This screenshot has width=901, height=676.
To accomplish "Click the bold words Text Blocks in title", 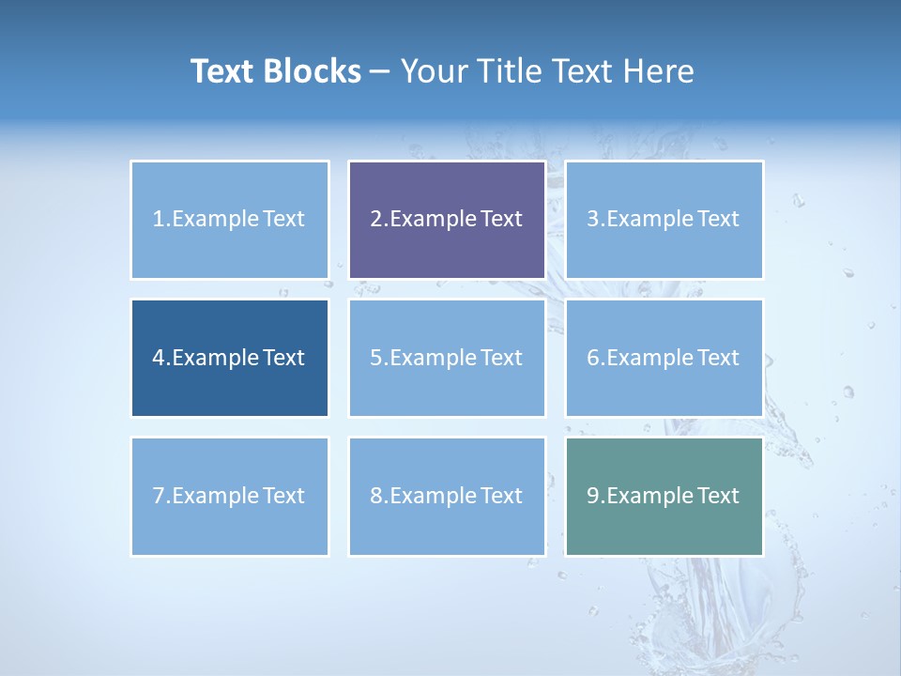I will pos(275,71).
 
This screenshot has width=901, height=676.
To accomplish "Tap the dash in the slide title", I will pos(380,71).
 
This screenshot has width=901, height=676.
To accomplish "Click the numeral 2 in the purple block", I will pos(375,219).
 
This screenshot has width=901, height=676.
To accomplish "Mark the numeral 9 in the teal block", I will pos(593,496).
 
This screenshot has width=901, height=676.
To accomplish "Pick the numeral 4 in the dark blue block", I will pos(159,358).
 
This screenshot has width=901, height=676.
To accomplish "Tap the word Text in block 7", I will pos(283,496).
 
